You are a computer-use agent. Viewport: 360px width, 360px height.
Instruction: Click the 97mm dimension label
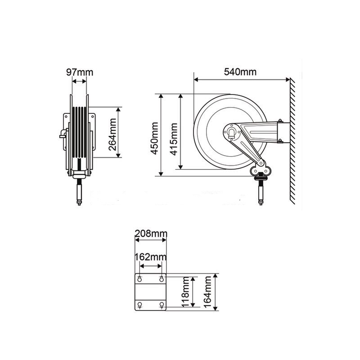point(80,72)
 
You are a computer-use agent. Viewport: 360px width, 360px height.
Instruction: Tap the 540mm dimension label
point(241,72)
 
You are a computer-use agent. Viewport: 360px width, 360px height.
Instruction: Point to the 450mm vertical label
point(154,136)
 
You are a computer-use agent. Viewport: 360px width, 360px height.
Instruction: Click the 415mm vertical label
point(174,136)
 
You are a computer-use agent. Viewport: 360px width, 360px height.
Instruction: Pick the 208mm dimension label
point(151,234)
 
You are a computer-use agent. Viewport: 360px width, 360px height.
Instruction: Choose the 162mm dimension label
point(151,257)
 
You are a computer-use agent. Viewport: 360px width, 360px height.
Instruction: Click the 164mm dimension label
point(207,292)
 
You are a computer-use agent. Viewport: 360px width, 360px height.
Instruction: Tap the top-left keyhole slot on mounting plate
point(140,279)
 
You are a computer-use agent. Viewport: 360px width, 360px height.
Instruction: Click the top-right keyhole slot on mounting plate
point(162,279)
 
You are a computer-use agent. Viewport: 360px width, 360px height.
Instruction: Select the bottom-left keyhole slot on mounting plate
point(140,305)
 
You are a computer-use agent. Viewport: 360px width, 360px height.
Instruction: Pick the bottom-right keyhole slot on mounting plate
point(162,305)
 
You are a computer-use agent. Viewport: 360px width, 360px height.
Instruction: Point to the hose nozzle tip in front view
point(79,202)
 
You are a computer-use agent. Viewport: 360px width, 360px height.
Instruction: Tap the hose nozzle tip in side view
point(261,202)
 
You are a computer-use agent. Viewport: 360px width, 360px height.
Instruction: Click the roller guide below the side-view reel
point(260,171)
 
